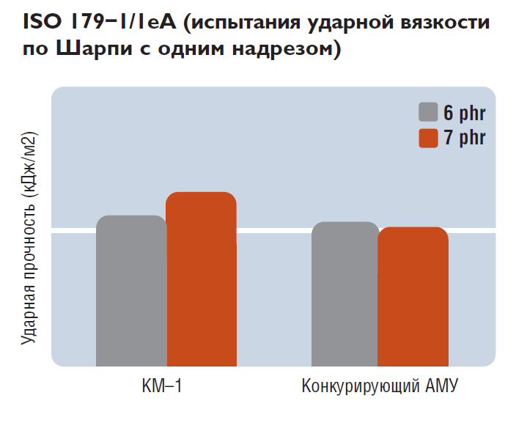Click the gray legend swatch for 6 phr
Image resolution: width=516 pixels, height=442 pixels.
click(428, 112)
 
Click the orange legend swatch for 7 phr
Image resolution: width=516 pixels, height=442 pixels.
click(428, 138)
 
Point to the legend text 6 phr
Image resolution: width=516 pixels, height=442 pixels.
click(464, 113)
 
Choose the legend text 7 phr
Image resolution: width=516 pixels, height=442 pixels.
click(464, 138)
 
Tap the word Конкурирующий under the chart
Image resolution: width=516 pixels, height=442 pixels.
click(350, 387)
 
